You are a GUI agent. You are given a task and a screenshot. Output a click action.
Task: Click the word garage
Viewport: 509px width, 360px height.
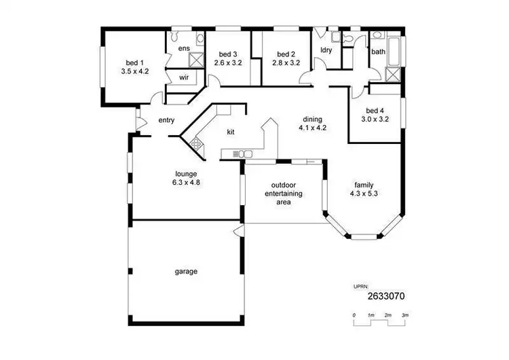tap(186, 271)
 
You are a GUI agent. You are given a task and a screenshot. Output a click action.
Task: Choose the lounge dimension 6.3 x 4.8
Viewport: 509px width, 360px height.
tap(186, 182)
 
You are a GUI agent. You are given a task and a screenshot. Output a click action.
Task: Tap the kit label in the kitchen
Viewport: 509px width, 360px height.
tap(231, 133)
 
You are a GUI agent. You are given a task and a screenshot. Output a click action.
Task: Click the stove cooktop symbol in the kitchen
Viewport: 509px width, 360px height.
tap(197, 143)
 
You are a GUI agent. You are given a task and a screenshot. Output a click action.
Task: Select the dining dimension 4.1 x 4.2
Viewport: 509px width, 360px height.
tap(312, 127)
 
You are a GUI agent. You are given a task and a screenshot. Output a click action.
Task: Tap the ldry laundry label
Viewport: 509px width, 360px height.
tap(325, 51)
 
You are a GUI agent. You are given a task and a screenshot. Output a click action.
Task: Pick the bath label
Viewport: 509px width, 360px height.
tap(378, 51)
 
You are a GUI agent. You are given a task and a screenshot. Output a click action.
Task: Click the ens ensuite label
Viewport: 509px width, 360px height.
tap(184, 49)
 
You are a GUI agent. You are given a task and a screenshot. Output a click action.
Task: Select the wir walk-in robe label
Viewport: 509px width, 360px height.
tap(184, 78)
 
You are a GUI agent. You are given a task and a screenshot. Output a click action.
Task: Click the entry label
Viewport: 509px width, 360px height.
tap(166, 120)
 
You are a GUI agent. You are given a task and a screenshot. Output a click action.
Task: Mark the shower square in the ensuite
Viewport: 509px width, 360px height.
tap(195, 60)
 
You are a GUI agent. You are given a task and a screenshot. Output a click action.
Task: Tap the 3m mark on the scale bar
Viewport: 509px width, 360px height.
tap(404, 316)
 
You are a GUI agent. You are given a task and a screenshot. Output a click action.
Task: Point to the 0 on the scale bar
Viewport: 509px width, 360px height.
tap(354, 316)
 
